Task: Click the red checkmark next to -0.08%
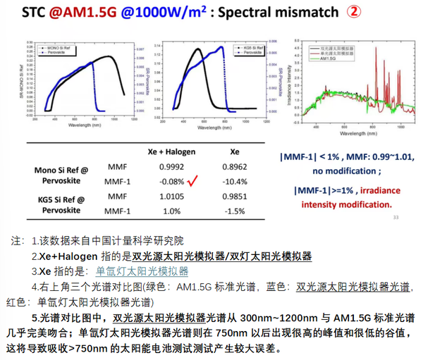191,182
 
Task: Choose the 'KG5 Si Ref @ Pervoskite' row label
60,204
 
